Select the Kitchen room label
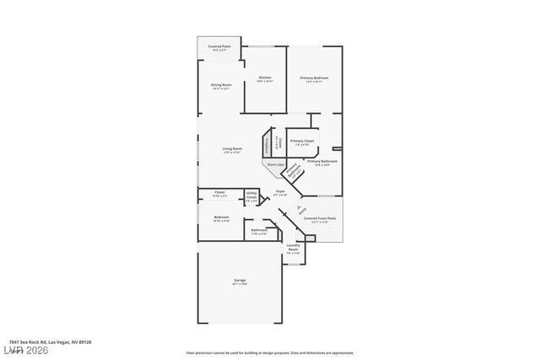point(264,79)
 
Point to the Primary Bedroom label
point(314,79)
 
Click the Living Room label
point(232,151)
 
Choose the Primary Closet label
point(302,142)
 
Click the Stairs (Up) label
point(276,164)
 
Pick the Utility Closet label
point(251,199)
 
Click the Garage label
point(240,282)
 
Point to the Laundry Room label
point(293,249)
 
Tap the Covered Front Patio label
point(316,220)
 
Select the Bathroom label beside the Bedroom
point(259,232)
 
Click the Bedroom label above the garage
point(221,218)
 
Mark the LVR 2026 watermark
point(26,348)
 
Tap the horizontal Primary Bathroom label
point(322,162)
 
